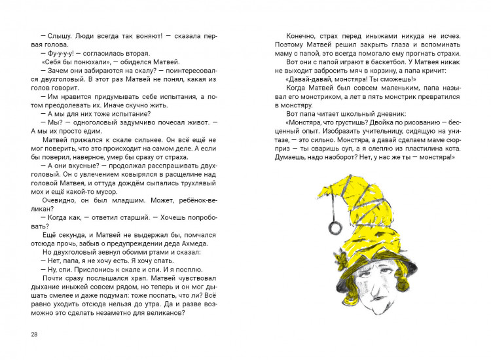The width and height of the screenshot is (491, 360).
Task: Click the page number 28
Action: click(x=34, y=335)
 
